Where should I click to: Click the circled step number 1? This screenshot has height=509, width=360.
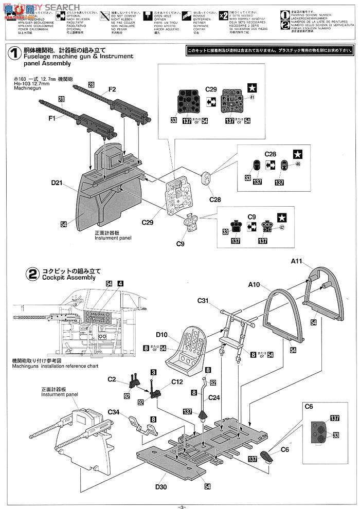pos(14,53)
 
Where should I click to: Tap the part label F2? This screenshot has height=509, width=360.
pos(112,89)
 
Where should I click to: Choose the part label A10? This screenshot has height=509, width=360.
pos(255,284)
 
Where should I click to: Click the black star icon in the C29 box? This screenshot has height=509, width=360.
pos(253,87)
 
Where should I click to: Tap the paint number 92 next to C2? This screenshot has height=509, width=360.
pos(127,397)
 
